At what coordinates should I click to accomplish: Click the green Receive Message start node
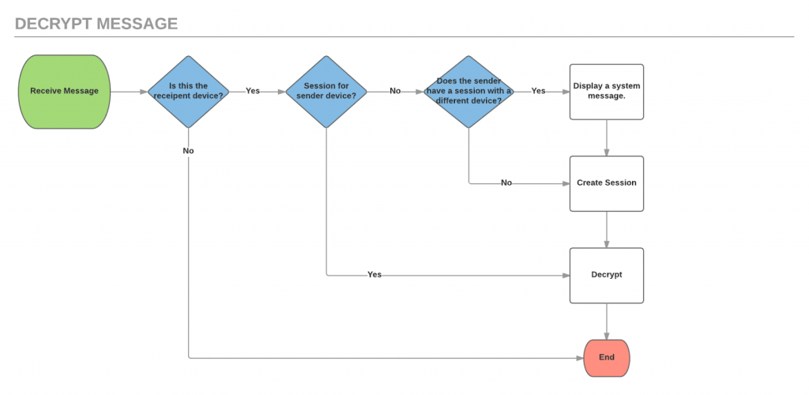click(65, 92)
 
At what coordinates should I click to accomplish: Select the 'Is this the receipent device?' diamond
click(188, 92)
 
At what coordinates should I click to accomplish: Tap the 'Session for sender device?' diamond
click(326, 92)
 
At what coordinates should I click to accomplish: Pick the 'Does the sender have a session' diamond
click(468, 92)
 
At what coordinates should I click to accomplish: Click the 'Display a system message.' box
click(607, 92)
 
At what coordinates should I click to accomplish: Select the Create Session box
click(607, 183)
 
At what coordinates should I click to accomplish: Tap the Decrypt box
click(607, 276)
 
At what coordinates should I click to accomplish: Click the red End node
click(607, 358)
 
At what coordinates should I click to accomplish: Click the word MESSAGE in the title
click(138, 24)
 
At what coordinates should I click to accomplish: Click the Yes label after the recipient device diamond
click(253, 91)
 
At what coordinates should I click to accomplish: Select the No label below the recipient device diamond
click(188, 151)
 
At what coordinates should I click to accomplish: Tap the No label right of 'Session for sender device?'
click(395, 91)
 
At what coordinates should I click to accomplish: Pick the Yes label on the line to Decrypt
click(374, 274)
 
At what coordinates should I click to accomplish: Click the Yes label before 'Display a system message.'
click(538, 91)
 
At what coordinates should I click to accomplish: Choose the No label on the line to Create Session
click(506, 182)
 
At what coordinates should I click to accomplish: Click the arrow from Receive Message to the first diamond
click(129, 92)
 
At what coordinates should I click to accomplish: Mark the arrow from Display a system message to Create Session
click(607, 137)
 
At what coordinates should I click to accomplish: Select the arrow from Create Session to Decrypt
click(607, 229)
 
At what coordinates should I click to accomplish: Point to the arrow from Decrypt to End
click(607, 322)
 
